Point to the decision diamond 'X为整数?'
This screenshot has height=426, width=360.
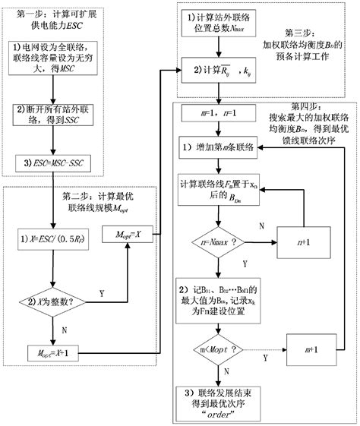pyautogui.click(x=53, y=302)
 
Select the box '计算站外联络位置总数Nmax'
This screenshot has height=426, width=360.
pyautogui.click(x=216, y=21)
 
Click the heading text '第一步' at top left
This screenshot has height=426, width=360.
pyautogui.click(x=29, y=6)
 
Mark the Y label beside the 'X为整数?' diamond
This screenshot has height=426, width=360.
pyautogui.click(x=102, y=293)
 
